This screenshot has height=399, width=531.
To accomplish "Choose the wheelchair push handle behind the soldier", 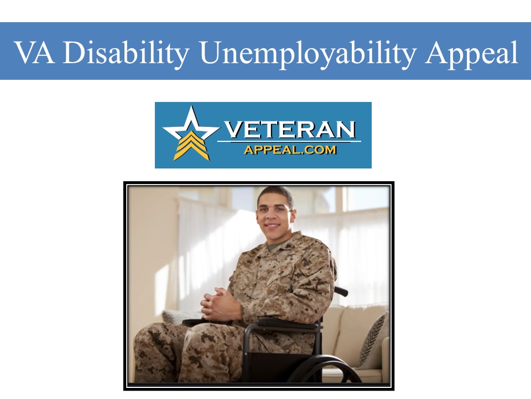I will pyautogui.click(x=341, y=290).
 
